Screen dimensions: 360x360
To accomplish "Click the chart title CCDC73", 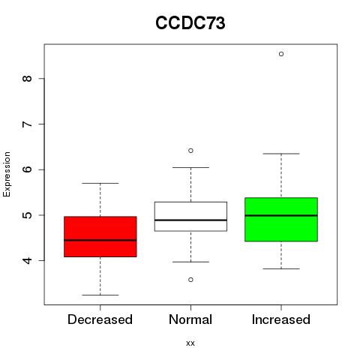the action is coord(190,23).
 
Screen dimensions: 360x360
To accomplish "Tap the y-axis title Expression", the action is coord(7,174).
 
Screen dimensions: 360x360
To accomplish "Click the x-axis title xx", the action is coord(190,343).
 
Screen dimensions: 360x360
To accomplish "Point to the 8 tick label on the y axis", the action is coord(27,79).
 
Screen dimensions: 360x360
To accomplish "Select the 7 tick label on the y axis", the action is coord(27,124).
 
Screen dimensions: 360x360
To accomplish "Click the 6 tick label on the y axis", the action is coord(27,169).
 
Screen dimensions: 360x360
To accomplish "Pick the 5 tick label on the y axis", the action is coord(27,215).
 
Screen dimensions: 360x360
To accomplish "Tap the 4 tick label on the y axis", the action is coord(27,260).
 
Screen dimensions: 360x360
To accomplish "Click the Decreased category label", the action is coord(100,319).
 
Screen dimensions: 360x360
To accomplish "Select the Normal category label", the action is coord(190,319).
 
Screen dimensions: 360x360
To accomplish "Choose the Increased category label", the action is coord(281,319).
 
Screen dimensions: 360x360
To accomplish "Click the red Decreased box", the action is coord(100,236).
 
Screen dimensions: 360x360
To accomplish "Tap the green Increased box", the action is coord(281,220).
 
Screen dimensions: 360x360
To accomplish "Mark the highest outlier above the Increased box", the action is coord(281,54).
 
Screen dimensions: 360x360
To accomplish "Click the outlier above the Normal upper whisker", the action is coord(190,151).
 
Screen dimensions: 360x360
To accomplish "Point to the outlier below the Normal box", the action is coord(190,280).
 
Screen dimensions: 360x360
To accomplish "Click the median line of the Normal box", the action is coord(190,220).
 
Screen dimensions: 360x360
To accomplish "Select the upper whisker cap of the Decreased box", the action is coord(100,183).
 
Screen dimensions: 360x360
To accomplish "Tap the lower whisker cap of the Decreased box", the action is coord(100,295).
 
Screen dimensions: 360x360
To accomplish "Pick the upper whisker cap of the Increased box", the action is coord(281,154).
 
